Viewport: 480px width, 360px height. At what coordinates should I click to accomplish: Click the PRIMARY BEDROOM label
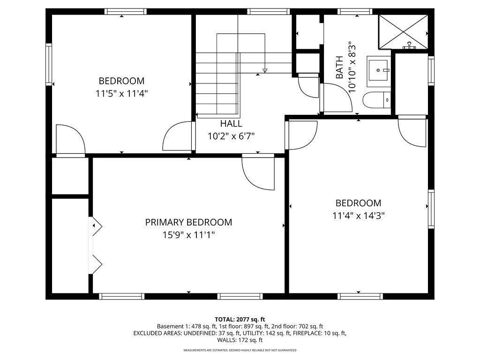tap(188, 222)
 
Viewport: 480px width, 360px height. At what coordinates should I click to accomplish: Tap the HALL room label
tap(231, 124)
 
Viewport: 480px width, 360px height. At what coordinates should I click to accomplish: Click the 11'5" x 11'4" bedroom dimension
tap(121, 93)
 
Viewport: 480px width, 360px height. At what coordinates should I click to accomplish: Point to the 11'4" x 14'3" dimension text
tap(358, 216)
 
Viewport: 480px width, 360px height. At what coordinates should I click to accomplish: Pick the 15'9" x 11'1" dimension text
tap(188, 235)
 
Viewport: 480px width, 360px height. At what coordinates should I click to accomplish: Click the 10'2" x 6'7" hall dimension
tap(231, 136)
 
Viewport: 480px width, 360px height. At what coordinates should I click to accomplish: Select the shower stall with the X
tap(403, 31)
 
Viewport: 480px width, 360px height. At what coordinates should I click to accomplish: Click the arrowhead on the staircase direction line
tap(265, 70)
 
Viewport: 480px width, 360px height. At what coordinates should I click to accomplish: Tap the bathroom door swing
tap(336, 97)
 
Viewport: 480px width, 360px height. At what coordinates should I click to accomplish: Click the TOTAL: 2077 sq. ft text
tap(240, 319)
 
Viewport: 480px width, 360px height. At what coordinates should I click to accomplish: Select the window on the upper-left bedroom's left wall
tap(48, 64)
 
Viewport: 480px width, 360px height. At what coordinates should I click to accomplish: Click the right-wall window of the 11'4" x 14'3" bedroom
tap(431, 208)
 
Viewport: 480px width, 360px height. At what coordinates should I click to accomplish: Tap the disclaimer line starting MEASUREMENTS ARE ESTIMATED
tap(240, 350)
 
